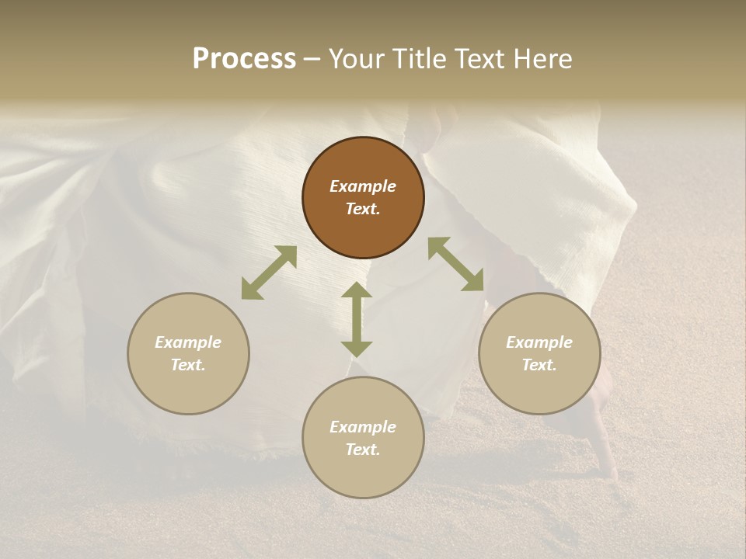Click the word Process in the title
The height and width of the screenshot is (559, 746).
point(244,59)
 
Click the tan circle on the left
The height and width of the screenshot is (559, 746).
point(188,353)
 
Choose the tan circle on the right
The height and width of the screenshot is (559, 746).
point(539,353)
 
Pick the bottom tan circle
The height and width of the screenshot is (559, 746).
point(363,437)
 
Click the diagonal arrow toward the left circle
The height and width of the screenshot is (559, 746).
point(269,273)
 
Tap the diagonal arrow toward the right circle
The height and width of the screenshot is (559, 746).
point(455,264)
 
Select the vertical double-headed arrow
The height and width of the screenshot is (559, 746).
point(357,320)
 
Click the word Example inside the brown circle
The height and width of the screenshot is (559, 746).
point(363,186)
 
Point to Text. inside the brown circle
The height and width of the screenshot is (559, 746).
point(363,209)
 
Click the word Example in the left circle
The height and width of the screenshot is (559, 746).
point(188,342)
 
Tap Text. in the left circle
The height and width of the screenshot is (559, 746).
point(188,365)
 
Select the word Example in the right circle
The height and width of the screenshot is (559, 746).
point(539,342)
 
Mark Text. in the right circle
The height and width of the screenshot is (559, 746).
point(539,365)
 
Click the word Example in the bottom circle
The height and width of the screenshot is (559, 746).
point(363,427)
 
